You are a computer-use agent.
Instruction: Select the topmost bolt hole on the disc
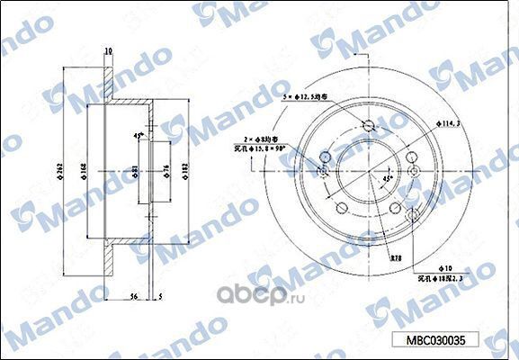369,126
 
